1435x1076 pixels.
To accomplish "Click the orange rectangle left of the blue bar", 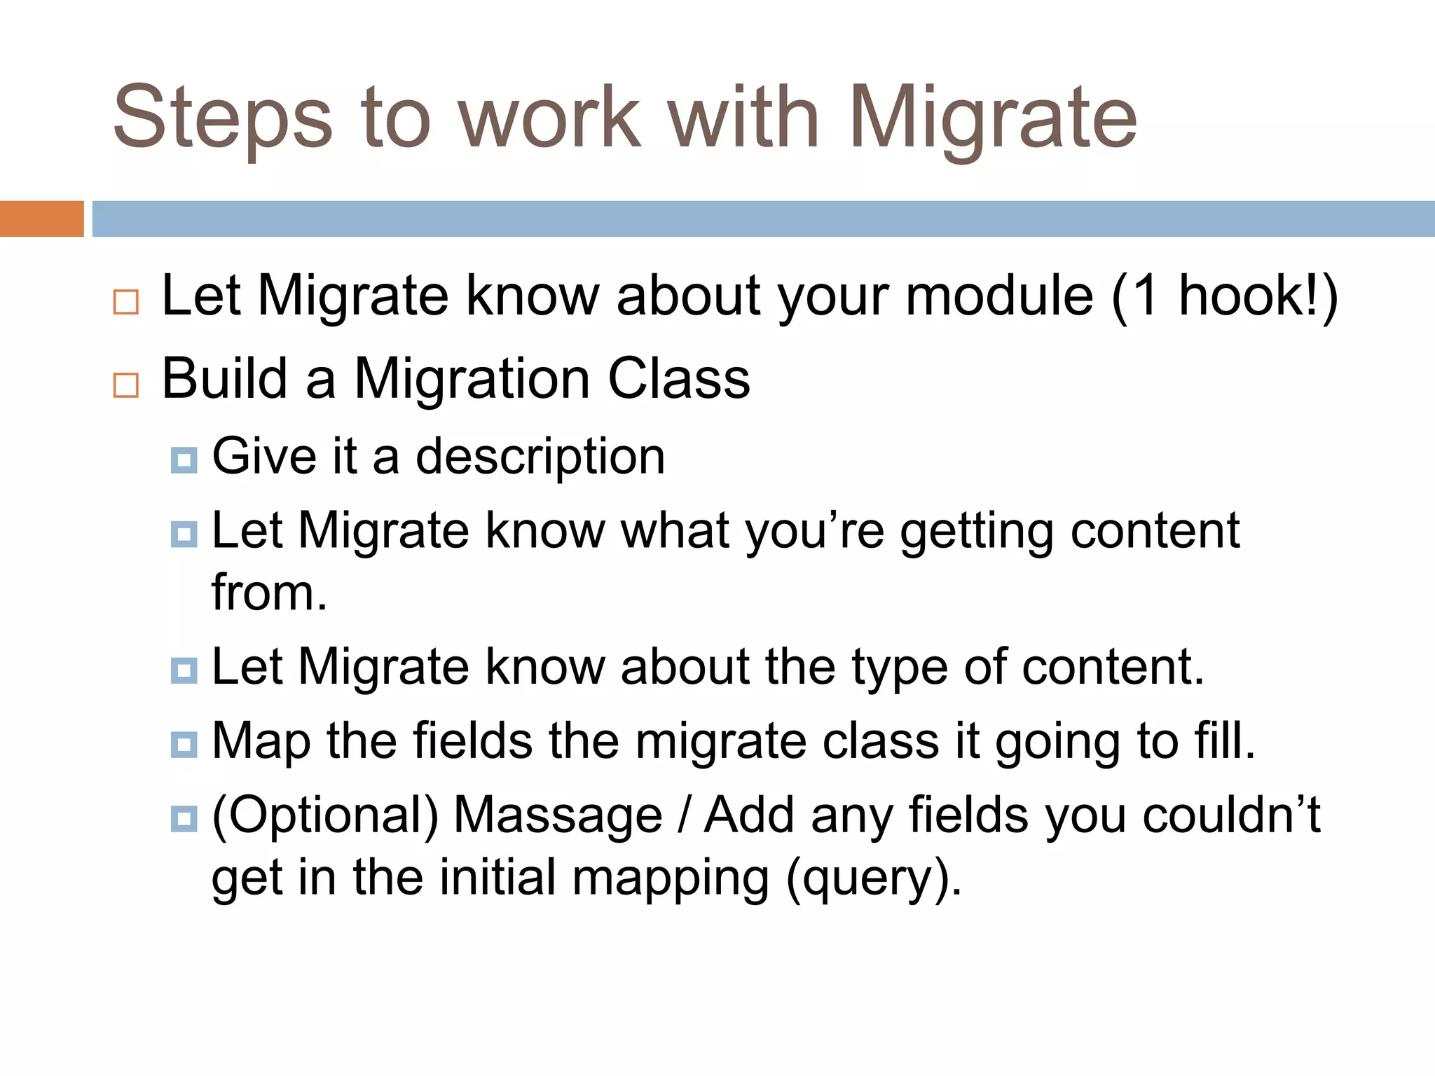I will pyautogui.click(x=41, y=219).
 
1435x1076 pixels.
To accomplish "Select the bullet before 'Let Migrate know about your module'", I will pyautogui.click(x=126, y=302).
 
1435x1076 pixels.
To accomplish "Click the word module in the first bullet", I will pyautogui.click(x=999, y=296).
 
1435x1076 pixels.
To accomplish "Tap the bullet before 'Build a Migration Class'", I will pyautogui.click(x=126, y=385).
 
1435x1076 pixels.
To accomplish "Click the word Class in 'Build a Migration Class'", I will pyautogui.click(x=678, y=379).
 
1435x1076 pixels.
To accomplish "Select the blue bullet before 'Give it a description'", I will pyautogui.click(x=184, y=460).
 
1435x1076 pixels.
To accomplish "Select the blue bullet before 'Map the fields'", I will pyautogui.click(x=184, y=744).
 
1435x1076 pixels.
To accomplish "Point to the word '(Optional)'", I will pyautogui.click(x=325, y=816).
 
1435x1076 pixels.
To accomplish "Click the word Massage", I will pyautogui.click(x=558, y=816).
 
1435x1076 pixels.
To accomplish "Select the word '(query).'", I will pyautogui.click(x=874, y=878).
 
